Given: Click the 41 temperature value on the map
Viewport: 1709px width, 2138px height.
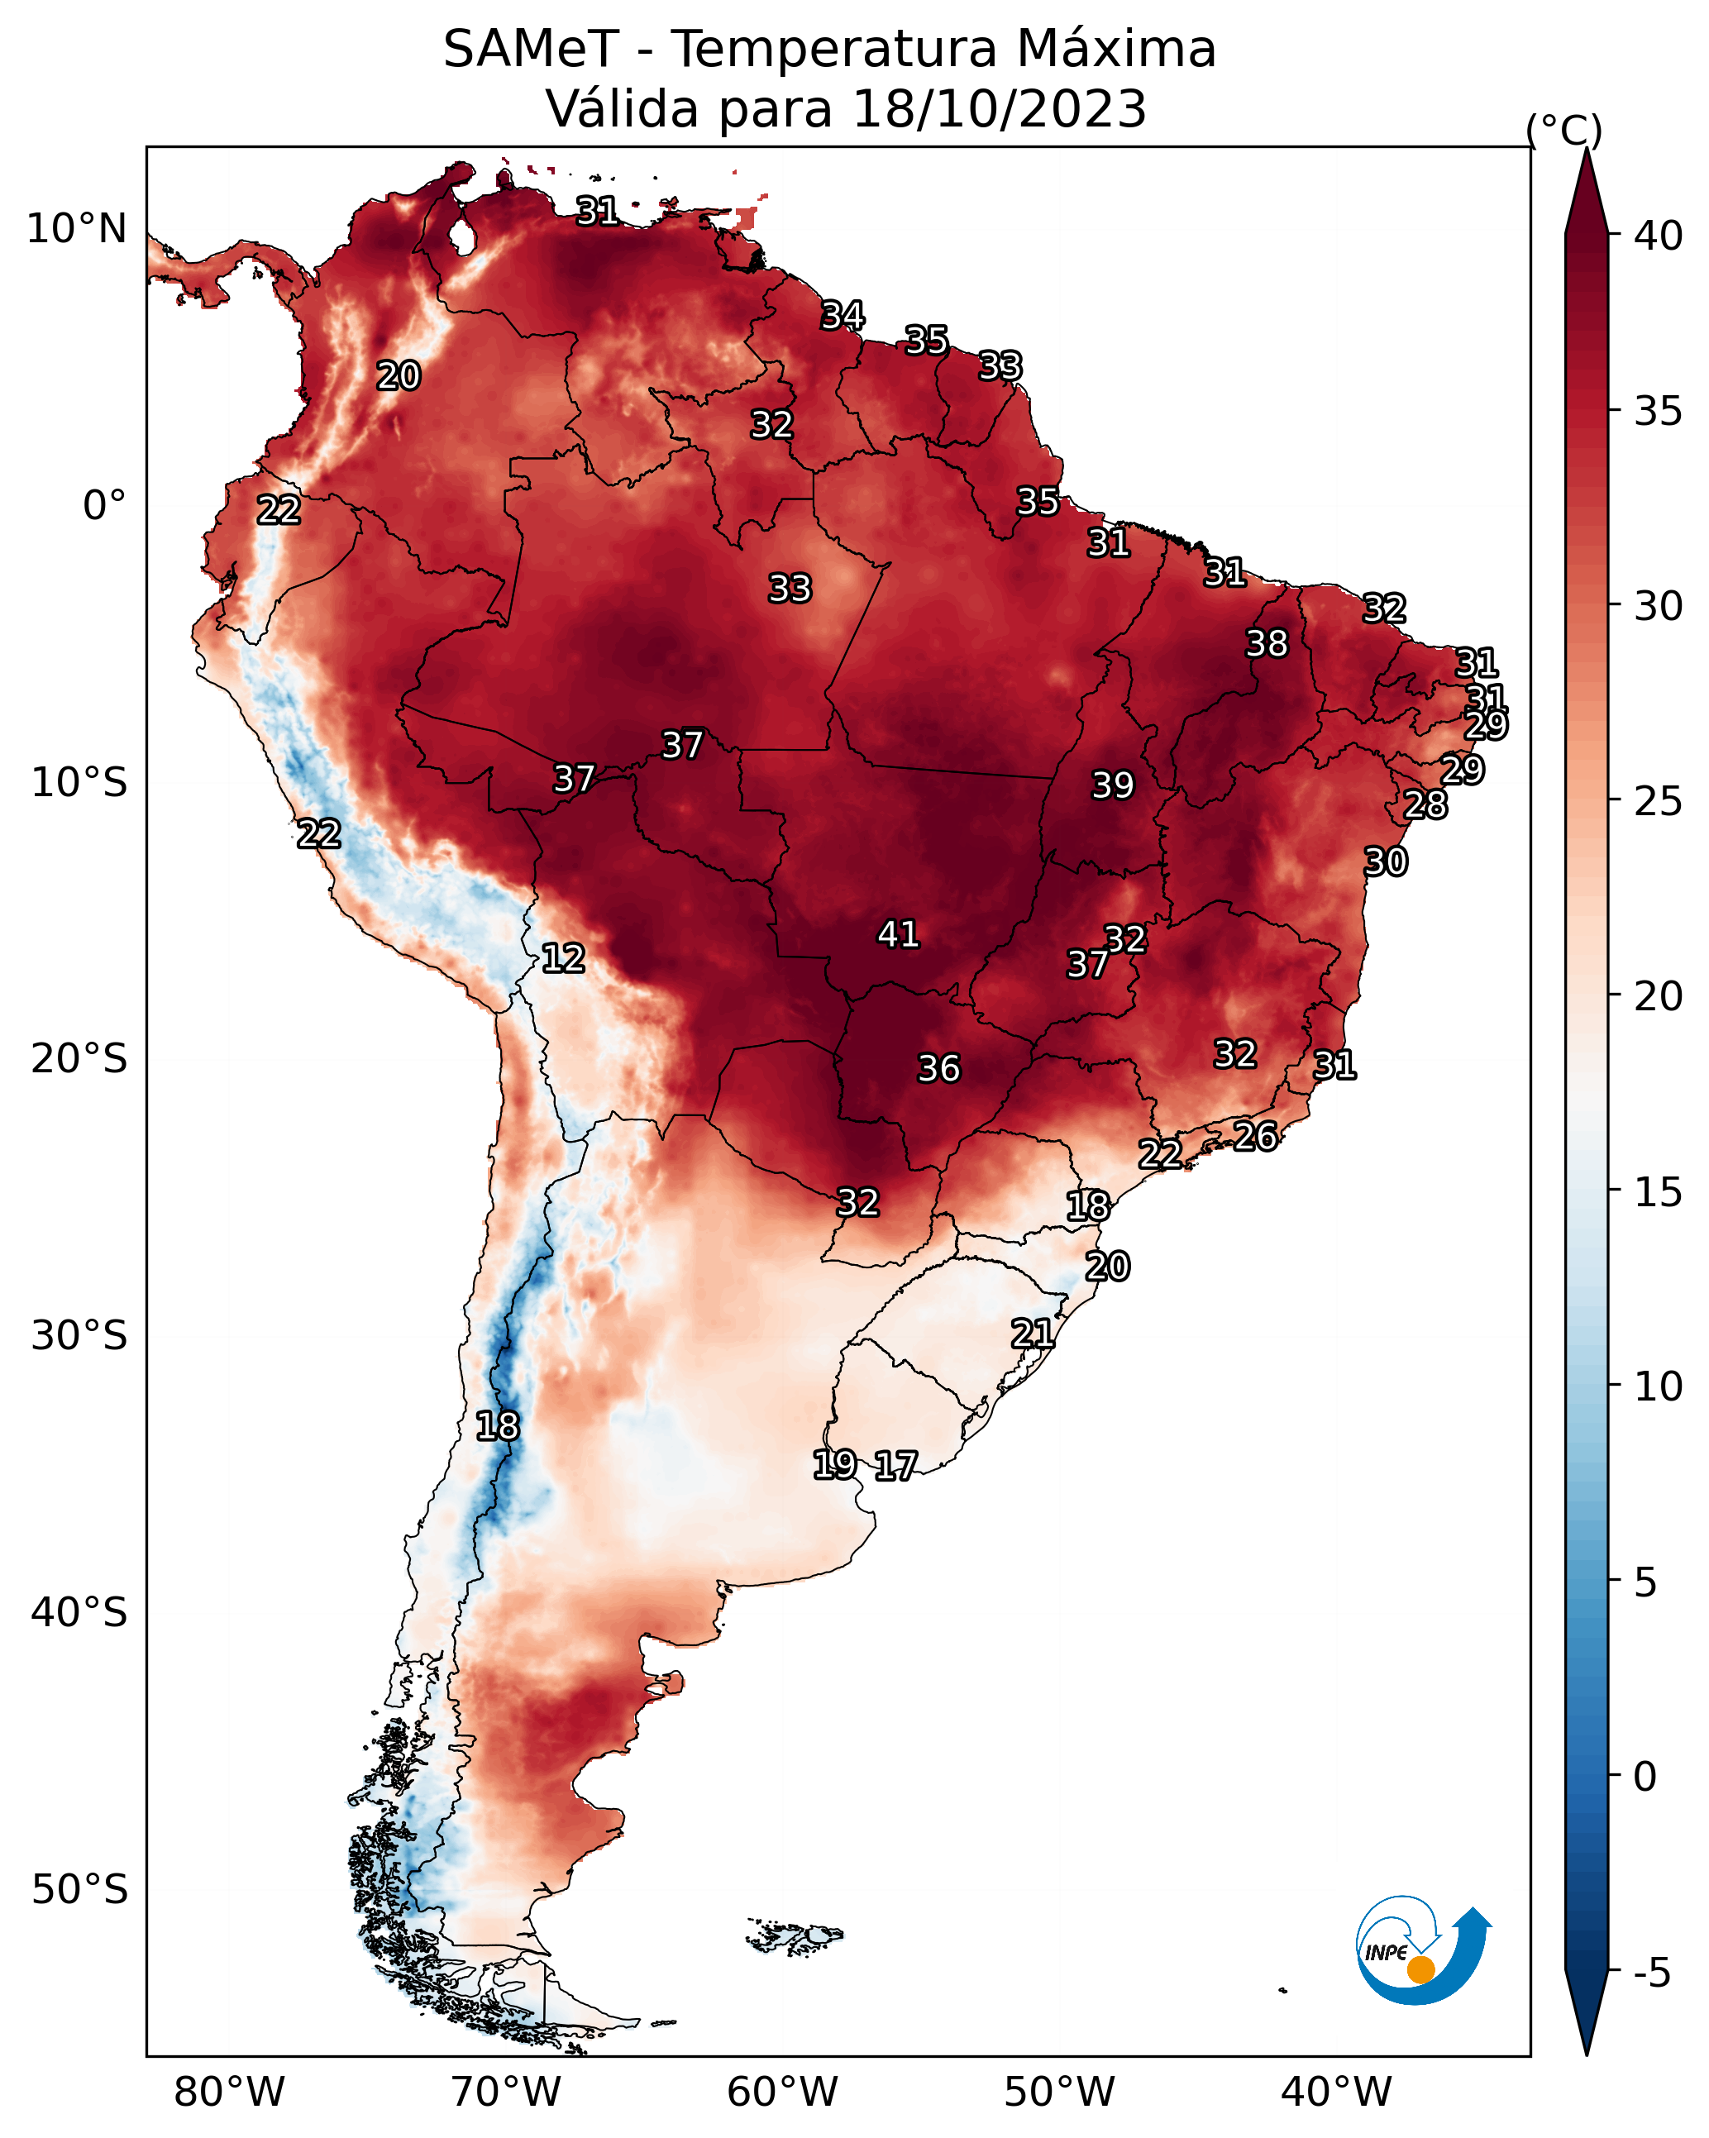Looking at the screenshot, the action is [x=898, y=934].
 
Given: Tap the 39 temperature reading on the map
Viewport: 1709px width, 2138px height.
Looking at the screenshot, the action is [x=1112, y=785].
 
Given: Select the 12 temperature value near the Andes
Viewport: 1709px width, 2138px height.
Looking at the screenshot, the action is [x=562, y=958].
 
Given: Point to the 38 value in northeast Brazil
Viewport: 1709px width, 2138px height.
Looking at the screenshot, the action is [x=1267, y=643].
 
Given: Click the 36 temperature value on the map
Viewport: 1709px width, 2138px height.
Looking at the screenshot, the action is [x=938, y=1069].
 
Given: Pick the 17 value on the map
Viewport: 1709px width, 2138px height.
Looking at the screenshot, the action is [x=895, y=1466].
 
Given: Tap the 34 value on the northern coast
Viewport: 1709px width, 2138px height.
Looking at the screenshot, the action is [x=843, y=315].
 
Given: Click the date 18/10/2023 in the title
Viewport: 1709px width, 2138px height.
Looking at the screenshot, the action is [x=999, y=109].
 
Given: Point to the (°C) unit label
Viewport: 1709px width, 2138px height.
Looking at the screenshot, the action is [x=1563, y=130].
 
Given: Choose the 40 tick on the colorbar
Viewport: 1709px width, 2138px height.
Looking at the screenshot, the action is [x=1659, y=236].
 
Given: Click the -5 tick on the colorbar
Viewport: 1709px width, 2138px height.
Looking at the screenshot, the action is [x=1653, y=1973].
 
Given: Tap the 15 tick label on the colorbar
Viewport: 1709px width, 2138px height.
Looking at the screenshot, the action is [x=1659, y=1192].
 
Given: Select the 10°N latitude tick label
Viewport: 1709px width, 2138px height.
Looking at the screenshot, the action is [x=76, y=229].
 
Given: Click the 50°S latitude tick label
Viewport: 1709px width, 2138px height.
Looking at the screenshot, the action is [x=79, y=1890].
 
